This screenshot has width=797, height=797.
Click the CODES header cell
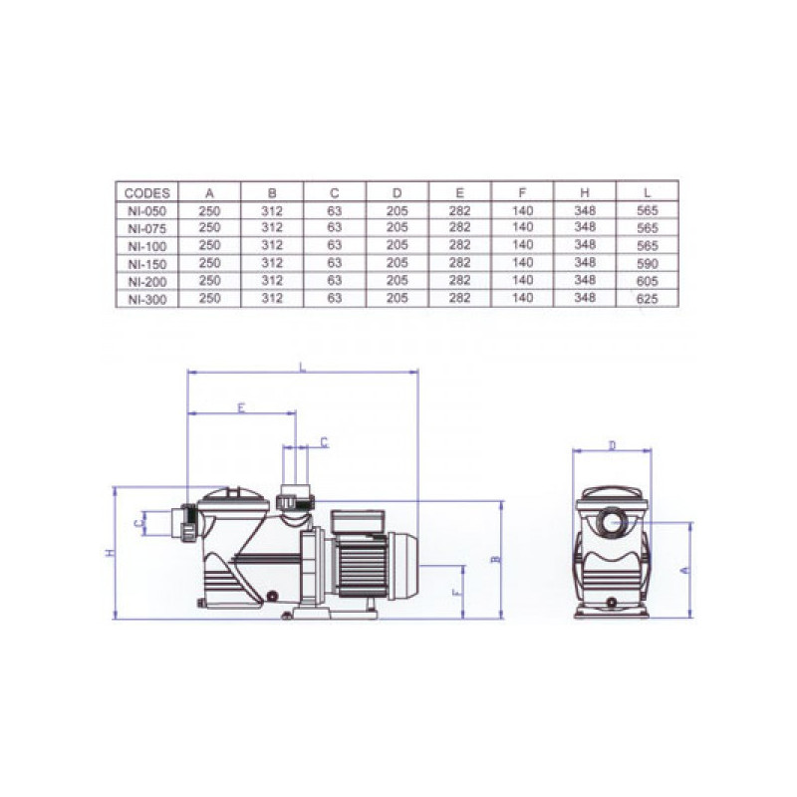[146, 193]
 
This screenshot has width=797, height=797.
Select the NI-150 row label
[146, 264]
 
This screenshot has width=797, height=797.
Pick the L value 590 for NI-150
[647, 263]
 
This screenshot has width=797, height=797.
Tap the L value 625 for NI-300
[647, 299]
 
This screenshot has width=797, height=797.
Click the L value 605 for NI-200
[647, 281]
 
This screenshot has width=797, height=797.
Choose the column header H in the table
[585, 192]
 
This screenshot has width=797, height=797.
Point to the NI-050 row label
[146, 211]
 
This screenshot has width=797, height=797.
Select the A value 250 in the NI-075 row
[209, 228]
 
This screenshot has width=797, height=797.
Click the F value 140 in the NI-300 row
[522, 298]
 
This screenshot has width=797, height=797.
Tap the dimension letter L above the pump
[303, 367]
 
